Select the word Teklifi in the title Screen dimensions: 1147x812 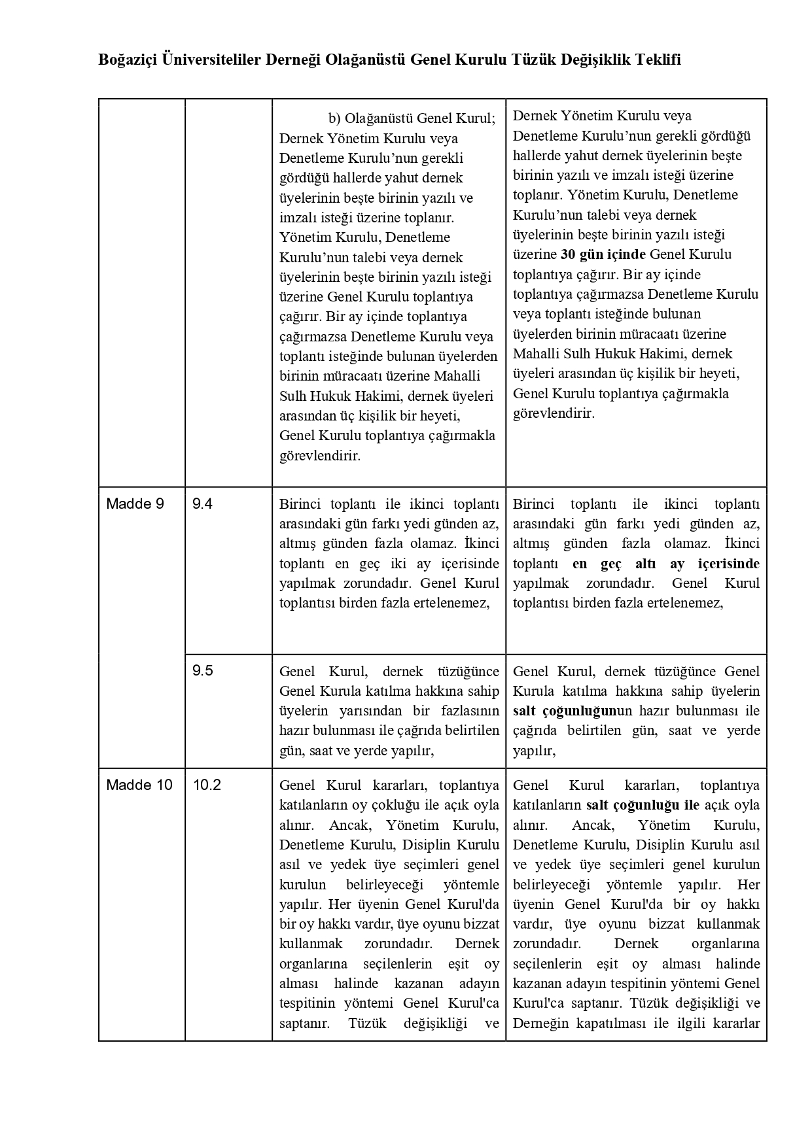pos(656,60)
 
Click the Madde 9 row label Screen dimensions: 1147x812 pos(135,504)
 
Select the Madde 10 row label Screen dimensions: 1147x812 pos(139,785)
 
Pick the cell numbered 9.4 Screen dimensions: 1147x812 pos(202,504)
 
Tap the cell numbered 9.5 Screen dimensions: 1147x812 pos(202,671)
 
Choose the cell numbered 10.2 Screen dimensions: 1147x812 pos(207,785)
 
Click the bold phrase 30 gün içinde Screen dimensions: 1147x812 pos(603,254)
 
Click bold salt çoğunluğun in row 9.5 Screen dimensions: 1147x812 pos(565,711)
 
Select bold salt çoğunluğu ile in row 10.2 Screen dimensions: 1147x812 pos(643,805)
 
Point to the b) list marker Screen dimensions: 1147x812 pos(335,118)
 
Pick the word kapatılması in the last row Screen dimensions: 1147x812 pos(611,1023)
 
